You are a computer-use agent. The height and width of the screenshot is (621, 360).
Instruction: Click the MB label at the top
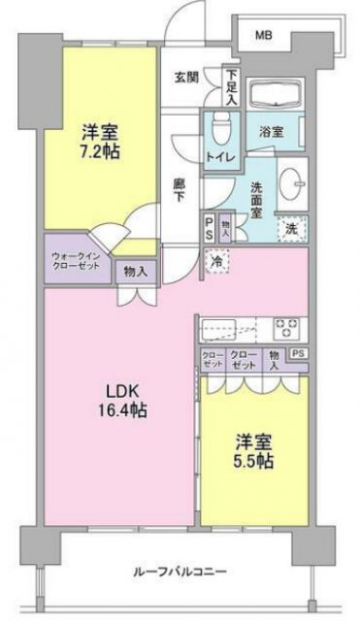pos(264,36)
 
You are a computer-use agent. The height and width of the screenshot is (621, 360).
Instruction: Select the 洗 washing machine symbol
pos(289,229)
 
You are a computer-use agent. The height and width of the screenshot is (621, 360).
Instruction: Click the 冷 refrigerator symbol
pos(219,259)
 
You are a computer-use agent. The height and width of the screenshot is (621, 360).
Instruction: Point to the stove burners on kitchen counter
pos(287,327)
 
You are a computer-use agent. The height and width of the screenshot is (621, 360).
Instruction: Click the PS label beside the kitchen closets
pos(300,354)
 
